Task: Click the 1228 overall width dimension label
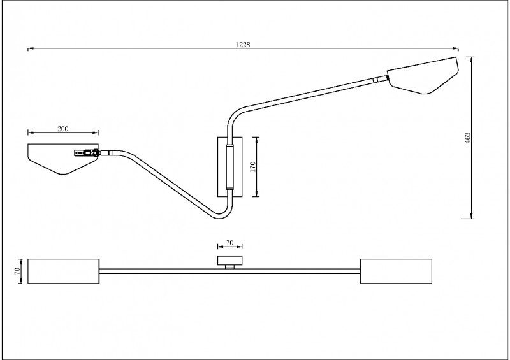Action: (x=243, y=45)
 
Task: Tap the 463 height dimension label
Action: (x=468, y=138)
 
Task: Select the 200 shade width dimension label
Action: (x=62, y=129)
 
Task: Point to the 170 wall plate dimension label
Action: (x=253, y=167)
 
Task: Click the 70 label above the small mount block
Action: (x=229, y=243)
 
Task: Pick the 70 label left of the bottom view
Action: (x=17, y=271)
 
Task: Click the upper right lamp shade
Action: (x=423, y=75)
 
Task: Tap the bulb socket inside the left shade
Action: (x=86, y=153)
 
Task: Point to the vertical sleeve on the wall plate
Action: (x=229, y=167)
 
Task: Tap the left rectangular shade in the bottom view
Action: (x=63, y=271)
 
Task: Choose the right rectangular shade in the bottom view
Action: (x=396, y=271)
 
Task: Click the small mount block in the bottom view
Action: (x=229, y=261)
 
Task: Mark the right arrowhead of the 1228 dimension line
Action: (x=456, y=48)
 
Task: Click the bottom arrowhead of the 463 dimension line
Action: (x=472, y=215)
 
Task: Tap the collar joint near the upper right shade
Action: (x=375, y=80)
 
